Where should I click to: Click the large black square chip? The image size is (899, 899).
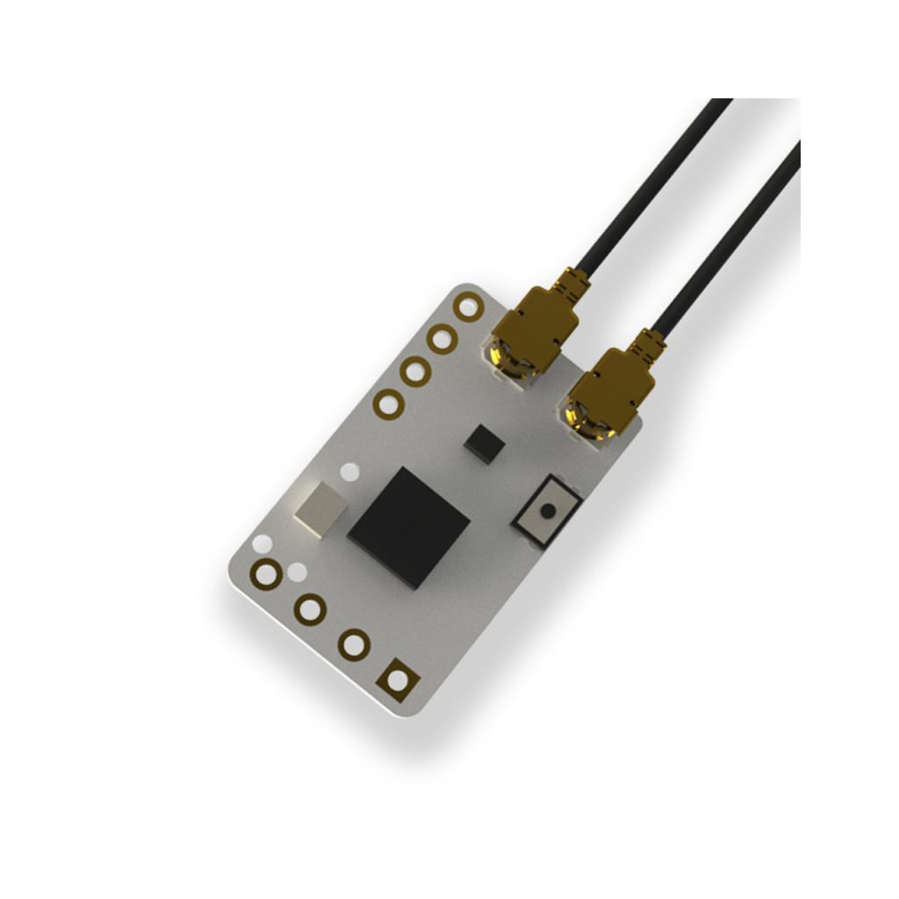409,527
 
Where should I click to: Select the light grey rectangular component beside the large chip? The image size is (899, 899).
320,507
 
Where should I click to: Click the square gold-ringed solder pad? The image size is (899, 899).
397,680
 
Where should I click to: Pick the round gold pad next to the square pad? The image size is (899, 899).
354,644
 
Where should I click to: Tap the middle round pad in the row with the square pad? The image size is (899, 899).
310,608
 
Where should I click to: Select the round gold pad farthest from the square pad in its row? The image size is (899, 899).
266,574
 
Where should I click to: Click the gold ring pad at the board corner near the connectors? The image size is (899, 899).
469,306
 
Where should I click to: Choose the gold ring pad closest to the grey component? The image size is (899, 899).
388,404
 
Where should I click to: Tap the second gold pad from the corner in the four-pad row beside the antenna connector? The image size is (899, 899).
442,338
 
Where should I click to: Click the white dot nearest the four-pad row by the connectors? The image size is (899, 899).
349,471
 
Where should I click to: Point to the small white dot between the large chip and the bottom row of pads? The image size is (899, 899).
298,572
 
